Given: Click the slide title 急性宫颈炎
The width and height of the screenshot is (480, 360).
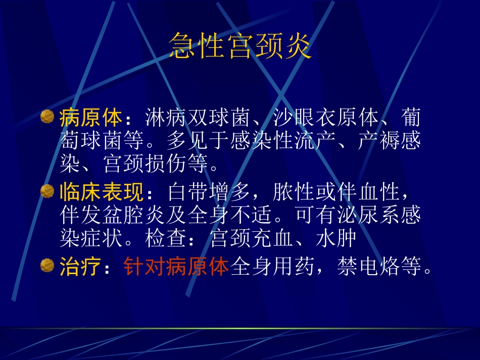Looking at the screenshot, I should click(x=240, y=46).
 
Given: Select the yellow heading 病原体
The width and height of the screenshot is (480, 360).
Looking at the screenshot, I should click(x=91, y=119).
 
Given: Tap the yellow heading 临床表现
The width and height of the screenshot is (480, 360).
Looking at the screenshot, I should click(x=102, y=192).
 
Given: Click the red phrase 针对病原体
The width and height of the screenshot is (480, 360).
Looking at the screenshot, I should click(x=176, y=267).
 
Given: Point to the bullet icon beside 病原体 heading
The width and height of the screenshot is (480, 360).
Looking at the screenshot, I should click(x=47, y=117).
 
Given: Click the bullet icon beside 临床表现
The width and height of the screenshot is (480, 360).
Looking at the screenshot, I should click(x=47, y=191).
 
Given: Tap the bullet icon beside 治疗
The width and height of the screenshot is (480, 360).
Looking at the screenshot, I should click(x=47, y=266).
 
